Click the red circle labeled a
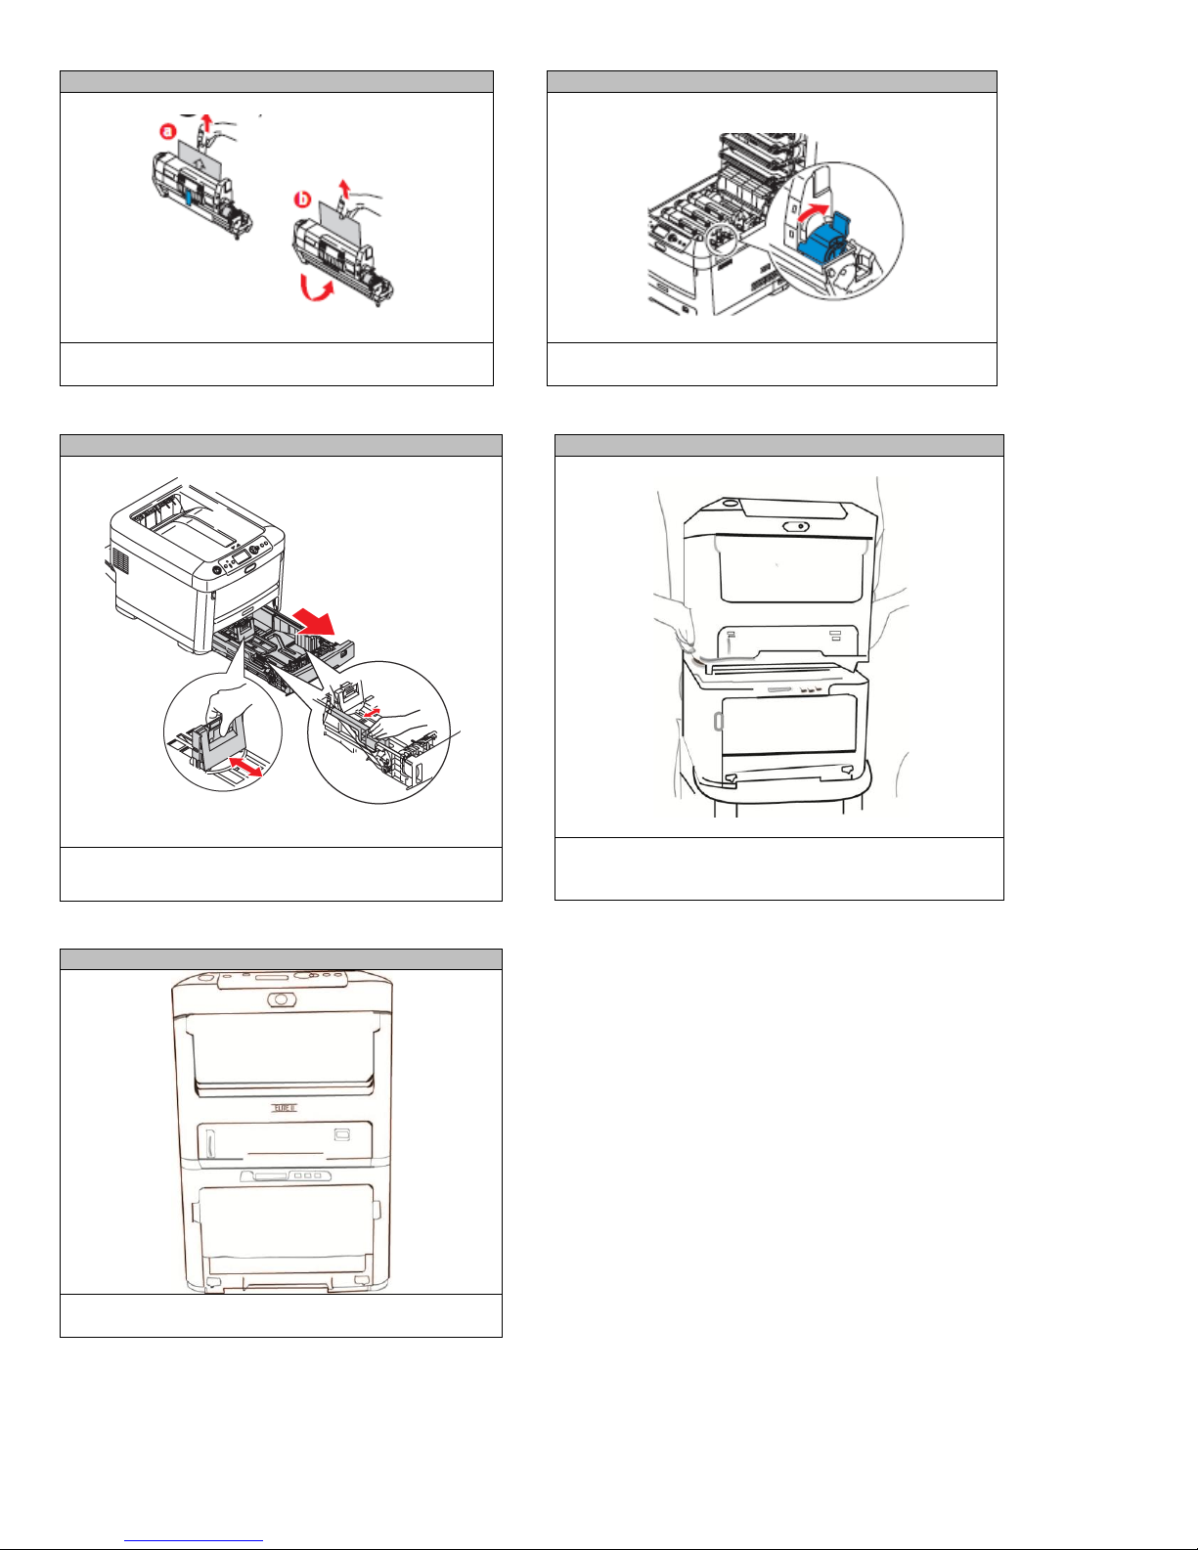(167, 131)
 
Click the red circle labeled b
(303, 200)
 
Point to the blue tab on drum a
(188, 196)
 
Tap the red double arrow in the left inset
(245, 766)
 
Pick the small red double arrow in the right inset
(369, 714)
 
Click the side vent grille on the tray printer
(121, 561)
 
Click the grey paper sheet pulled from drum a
(200, 157)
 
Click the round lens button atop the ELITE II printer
(282, 999)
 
